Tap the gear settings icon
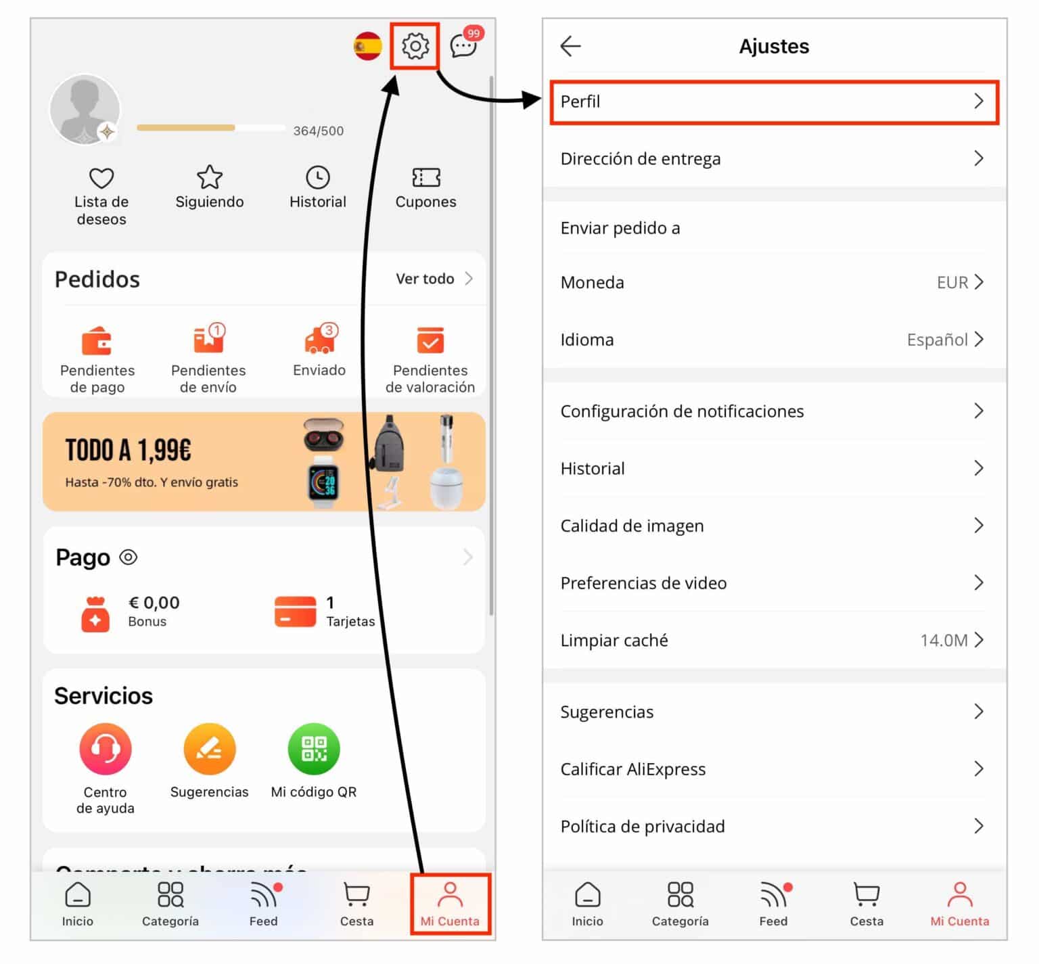click(x=415, y=46)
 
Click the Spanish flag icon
click(x=367, y=46)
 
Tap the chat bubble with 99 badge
click(x=464, y=45)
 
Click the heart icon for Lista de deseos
click(x=101, y=178)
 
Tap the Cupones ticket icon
click(x=425, y=178)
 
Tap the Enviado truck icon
click(x=319, y=340)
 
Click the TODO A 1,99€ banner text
click(x=129, y=451)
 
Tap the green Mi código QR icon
click(x=313, y=749)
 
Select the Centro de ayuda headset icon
click(x=105, y=749)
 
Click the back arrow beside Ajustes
click(x=570, y=46)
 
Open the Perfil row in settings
click(x=774, y=101)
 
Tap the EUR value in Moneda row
click(x=952, y=283)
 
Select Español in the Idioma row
click(x=937, y=340)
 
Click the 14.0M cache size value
click(x=943, y=641)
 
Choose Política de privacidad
click(x=643, y=826)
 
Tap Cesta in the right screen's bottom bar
click(x=866, y=904)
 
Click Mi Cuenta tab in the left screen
click(x=450, y=904)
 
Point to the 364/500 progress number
click(x=318, y=131)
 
